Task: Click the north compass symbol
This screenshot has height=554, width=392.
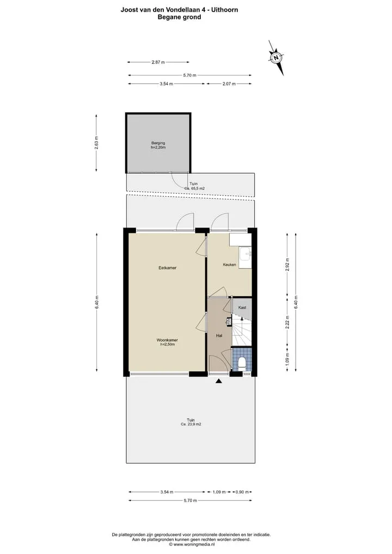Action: point(275,57)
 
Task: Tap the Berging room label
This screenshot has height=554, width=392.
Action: point(158,143)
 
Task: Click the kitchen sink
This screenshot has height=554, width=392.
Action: point(245,254)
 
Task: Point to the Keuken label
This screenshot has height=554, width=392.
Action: point(229,265)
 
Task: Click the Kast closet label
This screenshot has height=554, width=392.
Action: point(242,307)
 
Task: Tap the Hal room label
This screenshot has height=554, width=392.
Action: point(219,336)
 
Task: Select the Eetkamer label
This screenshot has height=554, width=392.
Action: point(167,268)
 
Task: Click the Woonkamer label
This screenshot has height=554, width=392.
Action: point(167,340)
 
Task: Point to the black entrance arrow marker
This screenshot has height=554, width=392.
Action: point(219,381)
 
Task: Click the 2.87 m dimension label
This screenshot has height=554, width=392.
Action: point(158,62)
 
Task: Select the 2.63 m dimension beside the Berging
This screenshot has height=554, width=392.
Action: point(96,143)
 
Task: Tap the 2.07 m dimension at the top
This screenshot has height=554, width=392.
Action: point(229,84)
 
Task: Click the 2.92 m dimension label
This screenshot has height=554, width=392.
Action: point(287,264)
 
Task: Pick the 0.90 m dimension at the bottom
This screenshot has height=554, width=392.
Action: point(242,492)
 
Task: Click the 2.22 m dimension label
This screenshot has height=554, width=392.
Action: point(287,322)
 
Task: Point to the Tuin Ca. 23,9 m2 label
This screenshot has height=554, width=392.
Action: point(191,422)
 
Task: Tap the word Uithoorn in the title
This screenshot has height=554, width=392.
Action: point(224,10)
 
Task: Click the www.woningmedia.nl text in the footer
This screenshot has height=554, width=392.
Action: point(193,544)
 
